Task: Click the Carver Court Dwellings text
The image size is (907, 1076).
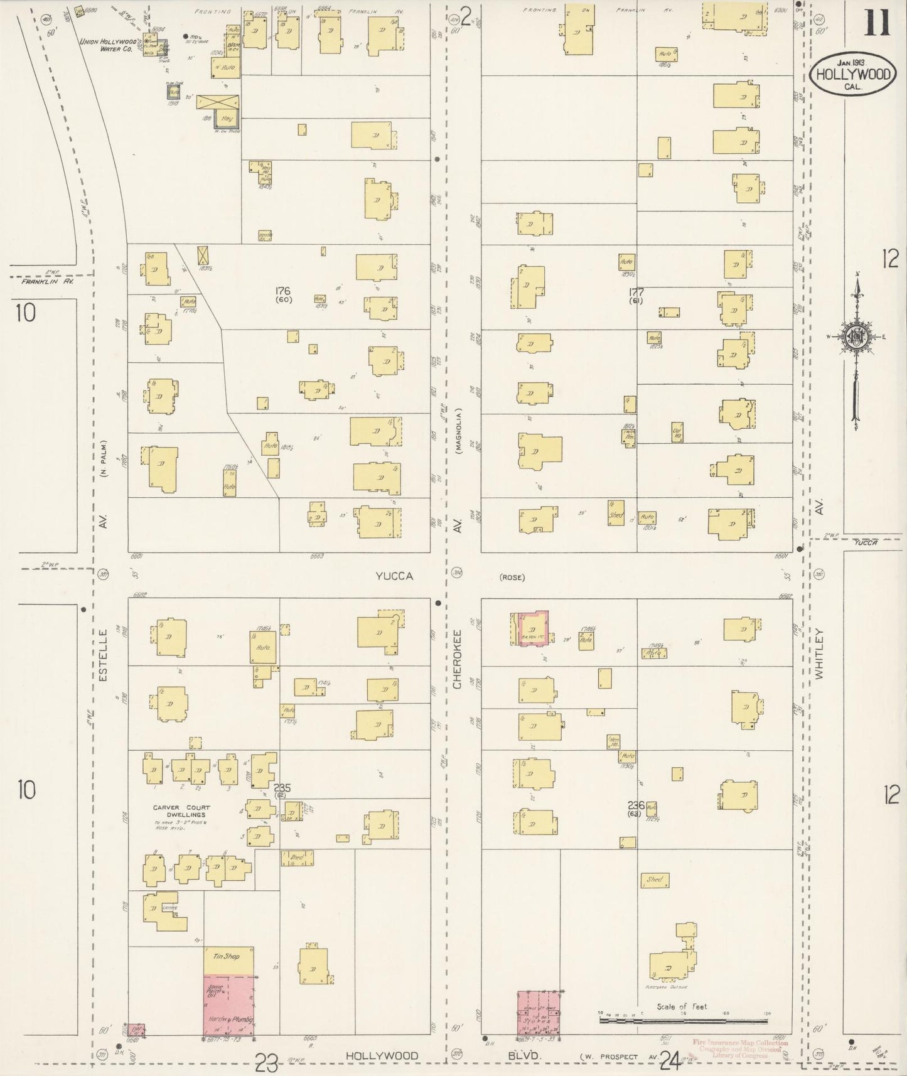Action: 181,812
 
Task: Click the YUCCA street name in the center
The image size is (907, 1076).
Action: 394,576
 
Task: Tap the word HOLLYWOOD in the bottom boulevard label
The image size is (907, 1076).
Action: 382,1056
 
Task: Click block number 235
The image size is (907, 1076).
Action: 280,787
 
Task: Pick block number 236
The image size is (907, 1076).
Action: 636,805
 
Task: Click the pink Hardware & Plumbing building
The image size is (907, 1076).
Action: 228,1011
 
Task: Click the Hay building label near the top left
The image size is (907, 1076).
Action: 227,117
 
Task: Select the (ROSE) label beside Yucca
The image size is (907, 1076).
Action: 512,578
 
